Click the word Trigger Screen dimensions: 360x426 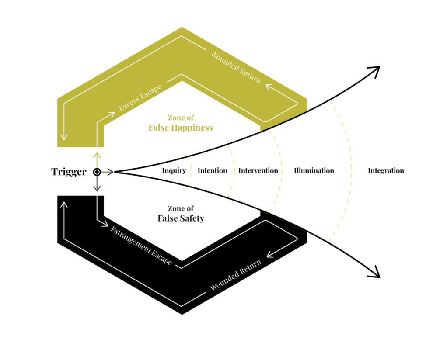pos(69,172)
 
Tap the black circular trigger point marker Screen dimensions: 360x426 pos(97,172)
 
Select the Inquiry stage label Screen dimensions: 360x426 pos(174,171)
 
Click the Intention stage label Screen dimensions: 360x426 pos(212,171)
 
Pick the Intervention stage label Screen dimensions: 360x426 pos(258,171)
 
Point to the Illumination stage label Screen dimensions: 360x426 pos(314,171)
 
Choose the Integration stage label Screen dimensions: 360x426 pos(386,171)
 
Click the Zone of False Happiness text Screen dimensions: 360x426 pos(181,123)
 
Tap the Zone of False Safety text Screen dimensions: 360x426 pos(181,214)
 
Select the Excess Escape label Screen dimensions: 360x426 pos(140,97)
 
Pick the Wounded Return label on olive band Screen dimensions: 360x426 pos(236,67)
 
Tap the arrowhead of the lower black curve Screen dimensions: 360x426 pos(375,273)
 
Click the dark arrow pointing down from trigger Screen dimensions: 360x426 pos(97,185)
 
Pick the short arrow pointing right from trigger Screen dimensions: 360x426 pos(108,172)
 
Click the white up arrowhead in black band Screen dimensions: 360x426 pos(64,204)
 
